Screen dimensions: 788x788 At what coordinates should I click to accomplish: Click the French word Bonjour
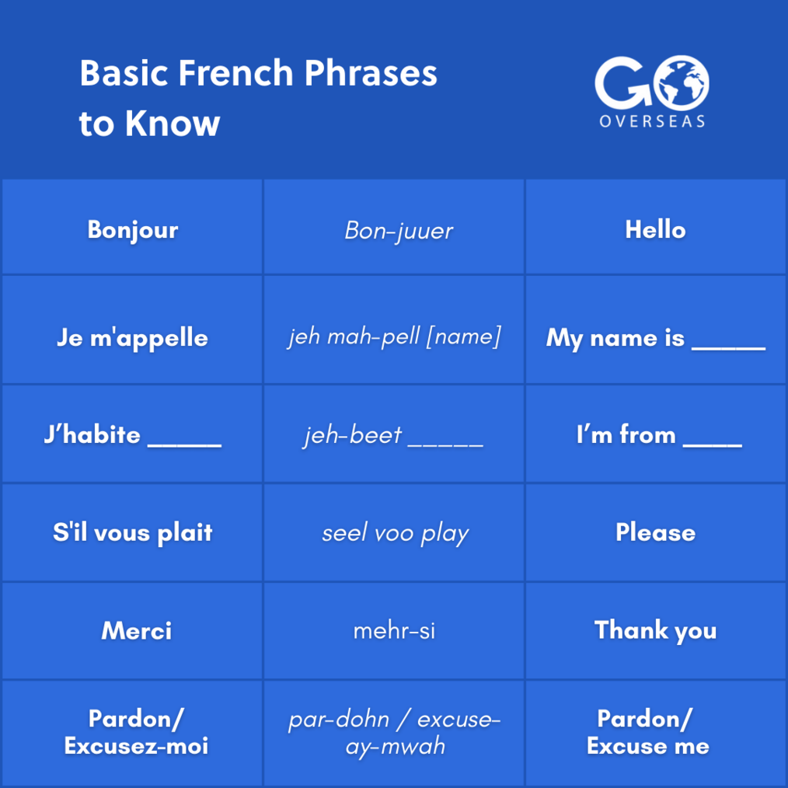click(x=133, y=230)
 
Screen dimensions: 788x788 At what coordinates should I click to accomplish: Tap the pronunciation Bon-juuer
click(x=399, y=230)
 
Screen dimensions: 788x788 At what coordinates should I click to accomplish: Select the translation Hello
click(x=655, y=230)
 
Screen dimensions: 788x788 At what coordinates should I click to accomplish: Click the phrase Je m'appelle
click(x=132, y=338)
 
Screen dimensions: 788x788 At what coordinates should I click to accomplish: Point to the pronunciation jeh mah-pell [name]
click(x=394, y=337)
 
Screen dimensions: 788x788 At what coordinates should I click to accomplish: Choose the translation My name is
click(x=615, y=338)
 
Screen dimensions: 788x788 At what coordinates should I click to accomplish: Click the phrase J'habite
click(x=92, y=435)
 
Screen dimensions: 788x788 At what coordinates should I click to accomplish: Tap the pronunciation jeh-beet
click(x=353, y=435)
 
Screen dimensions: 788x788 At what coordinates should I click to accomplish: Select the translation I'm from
click(x=626, y=435)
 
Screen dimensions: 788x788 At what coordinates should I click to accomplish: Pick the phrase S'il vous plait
click(x=133, y=533)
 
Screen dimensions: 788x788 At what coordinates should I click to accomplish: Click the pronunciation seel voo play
click(x=395, y=534)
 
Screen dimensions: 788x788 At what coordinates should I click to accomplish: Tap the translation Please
click(x=655, y=533)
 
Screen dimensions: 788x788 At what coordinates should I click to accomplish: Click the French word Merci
click(x=137, y=631)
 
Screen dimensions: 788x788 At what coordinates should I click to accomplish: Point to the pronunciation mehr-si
click(x=394, y=631)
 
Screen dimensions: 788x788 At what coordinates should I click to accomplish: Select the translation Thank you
click(x=655, y=631)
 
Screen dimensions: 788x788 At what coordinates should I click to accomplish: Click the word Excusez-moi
click(x=136, y=747)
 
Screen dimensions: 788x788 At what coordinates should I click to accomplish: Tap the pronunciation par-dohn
click(x=339, y=720)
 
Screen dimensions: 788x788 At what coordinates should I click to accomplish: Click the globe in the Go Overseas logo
click(x=681, y=81)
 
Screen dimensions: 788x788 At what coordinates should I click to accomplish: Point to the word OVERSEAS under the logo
click(x=652, y=121)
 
